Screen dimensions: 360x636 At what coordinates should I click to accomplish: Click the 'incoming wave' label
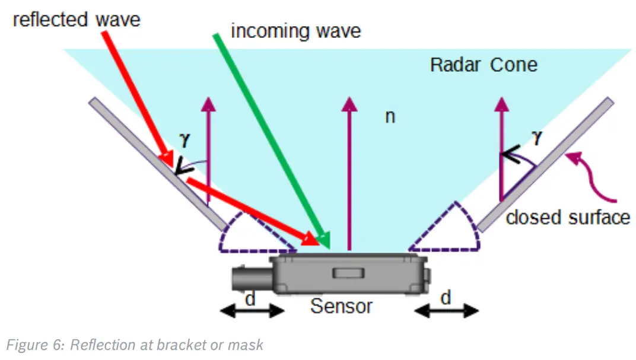pyautogui.click(x=295, y=30)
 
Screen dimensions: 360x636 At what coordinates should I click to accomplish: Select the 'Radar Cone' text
pyautogui.click(x=484, y=63)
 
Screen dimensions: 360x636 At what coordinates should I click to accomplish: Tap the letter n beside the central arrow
pyautogui.click(x=390, y=116)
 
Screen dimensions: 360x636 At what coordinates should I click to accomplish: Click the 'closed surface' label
pyautogui.click(x=567, y=217)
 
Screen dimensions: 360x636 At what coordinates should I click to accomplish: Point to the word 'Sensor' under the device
pyautogui.click(x=342, y=306)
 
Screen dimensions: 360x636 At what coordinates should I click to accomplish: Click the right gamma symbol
pyautogui.click(x=537, y=138)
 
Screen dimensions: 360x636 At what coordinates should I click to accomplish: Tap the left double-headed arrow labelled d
pyautogui.click(x=252, y=310)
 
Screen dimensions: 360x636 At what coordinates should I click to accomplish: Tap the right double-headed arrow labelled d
pyautogui.click(x=446, y=310)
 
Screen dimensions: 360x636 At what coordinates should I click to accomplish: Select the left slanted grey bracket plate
pyautogui.click(x=157, y=164)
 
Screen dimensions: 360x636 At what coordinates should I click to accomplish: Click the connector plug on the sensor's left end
pyautogui.click(x=252, y=279)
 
